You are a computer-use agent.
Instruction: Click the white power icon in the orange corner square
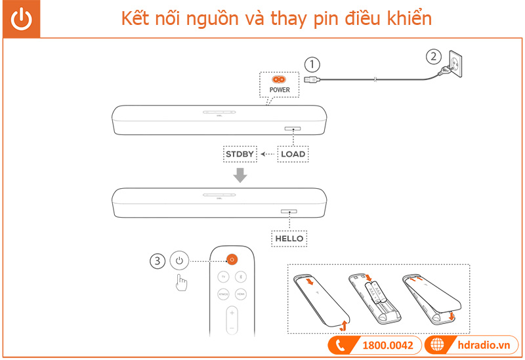(21, 19)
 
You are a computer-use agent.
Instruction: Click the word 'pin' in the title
(320, 19)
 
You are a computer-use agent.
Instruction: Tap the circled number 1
(312, 65)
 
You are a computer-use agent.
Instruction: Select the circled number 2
(432, 56)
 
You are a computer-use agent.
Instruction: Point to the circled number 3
(157, 260)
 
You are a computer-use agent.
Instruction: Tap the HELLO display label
(289, 239)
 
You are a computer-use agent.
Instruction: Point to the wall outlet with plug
(454, 66)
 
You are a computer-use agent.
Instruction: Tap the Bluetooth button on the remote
(240, 277)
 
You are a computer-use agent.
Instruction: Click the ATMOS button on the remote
(223, 295)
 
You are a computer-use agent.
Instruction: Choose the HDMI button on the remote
(240, 295)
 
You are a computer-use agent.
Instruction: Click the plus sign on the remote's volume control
(232, 314)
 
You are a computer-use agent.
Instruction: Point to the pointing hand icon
(180, 284)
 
